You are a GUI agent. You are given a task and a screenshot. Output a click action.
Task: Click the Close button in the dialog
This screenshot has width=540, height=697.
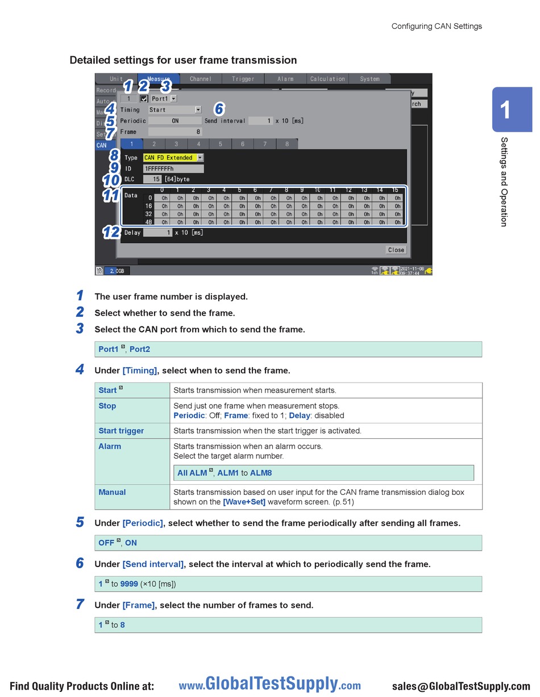(x=396, y=250)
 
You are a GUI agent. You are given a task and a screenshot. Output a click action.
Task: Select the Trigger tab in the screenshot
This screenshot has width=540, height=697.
(x=243, y=79)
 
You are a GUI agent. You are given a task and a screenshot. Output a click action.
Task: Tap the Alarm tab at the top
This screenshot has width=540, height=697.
(x=285, y=79)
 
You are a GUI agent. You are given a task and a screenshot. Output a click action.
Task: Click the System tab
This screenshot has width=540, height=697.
(x=369, y=79)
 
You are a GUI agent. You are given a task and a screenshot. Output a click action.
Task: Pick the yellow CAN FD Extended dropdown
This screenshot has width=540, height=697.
(x=173, y=158)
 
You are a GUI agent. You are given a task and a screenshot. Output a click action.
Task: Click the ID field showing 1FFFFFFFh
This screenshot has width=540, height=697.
(x=173, y=169)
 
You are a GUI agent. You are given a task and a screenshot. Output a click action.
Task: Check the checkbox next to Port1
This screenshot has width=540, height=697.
(x=144, y=99)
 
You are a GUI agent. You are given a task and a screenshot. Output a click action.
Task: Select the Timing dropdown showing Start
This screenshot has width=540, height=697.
(x=175, y=110)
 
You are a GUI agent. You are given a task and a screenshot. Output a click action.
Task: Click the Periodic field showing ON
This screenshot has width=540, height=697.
(x=175, y=121)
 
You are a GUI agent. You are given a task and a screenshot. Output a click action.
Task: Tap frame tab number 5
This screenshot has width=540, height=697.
(x=220, y=144)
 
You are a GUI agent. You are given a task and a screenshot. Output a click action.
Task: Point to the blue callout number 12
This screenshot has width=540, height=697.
(x=111, y=232)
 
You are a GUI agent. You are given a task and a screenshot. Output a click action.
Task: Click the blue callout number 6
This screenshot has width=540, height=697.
(x=219, y=110)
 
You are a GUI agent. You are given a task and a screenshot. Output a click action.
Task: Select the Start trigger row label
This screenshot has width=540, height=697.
(x=121, y=431)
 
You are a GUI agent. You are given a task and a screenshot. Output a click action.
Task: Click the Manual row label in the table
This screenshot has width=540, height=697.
(x=112, y=492)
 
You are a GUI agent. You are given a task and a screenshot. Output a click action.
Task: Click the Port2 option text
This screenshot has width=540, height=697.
(x=140, y=350)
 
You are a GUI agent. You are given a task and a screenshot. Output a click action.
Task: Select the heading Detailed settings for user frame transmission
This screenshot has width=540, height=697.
(x=183, y=60)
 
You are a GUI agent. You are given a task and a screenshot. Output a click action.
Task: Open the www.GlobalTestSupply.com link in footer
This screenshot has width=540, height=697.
(x=269, y=685)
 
